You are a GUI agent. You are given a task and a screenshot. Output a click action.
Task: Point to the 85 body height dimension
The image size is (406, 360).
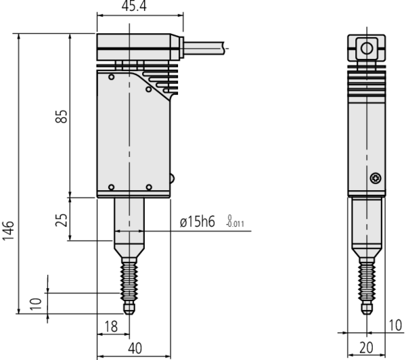62,116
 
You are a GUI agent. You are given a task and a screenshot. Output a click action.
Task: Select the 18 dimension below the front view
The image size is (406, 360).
112,326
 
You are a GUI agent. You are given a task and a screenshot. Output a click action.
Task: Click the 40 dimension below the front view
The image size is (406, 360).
135,347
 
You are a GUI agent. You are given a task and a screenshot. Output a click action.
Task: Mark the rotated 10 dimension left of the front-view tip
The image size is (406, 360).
39,299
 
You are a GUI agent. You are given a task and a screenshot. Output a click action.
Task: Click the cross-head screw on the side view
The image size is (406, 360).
376,178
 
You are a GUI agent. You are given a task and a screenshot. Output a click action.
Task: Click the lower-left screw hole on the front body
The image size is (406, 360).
111,187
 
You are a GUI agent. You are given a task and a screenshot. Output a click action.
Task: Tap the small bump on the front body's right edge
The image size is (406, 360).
172,179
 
